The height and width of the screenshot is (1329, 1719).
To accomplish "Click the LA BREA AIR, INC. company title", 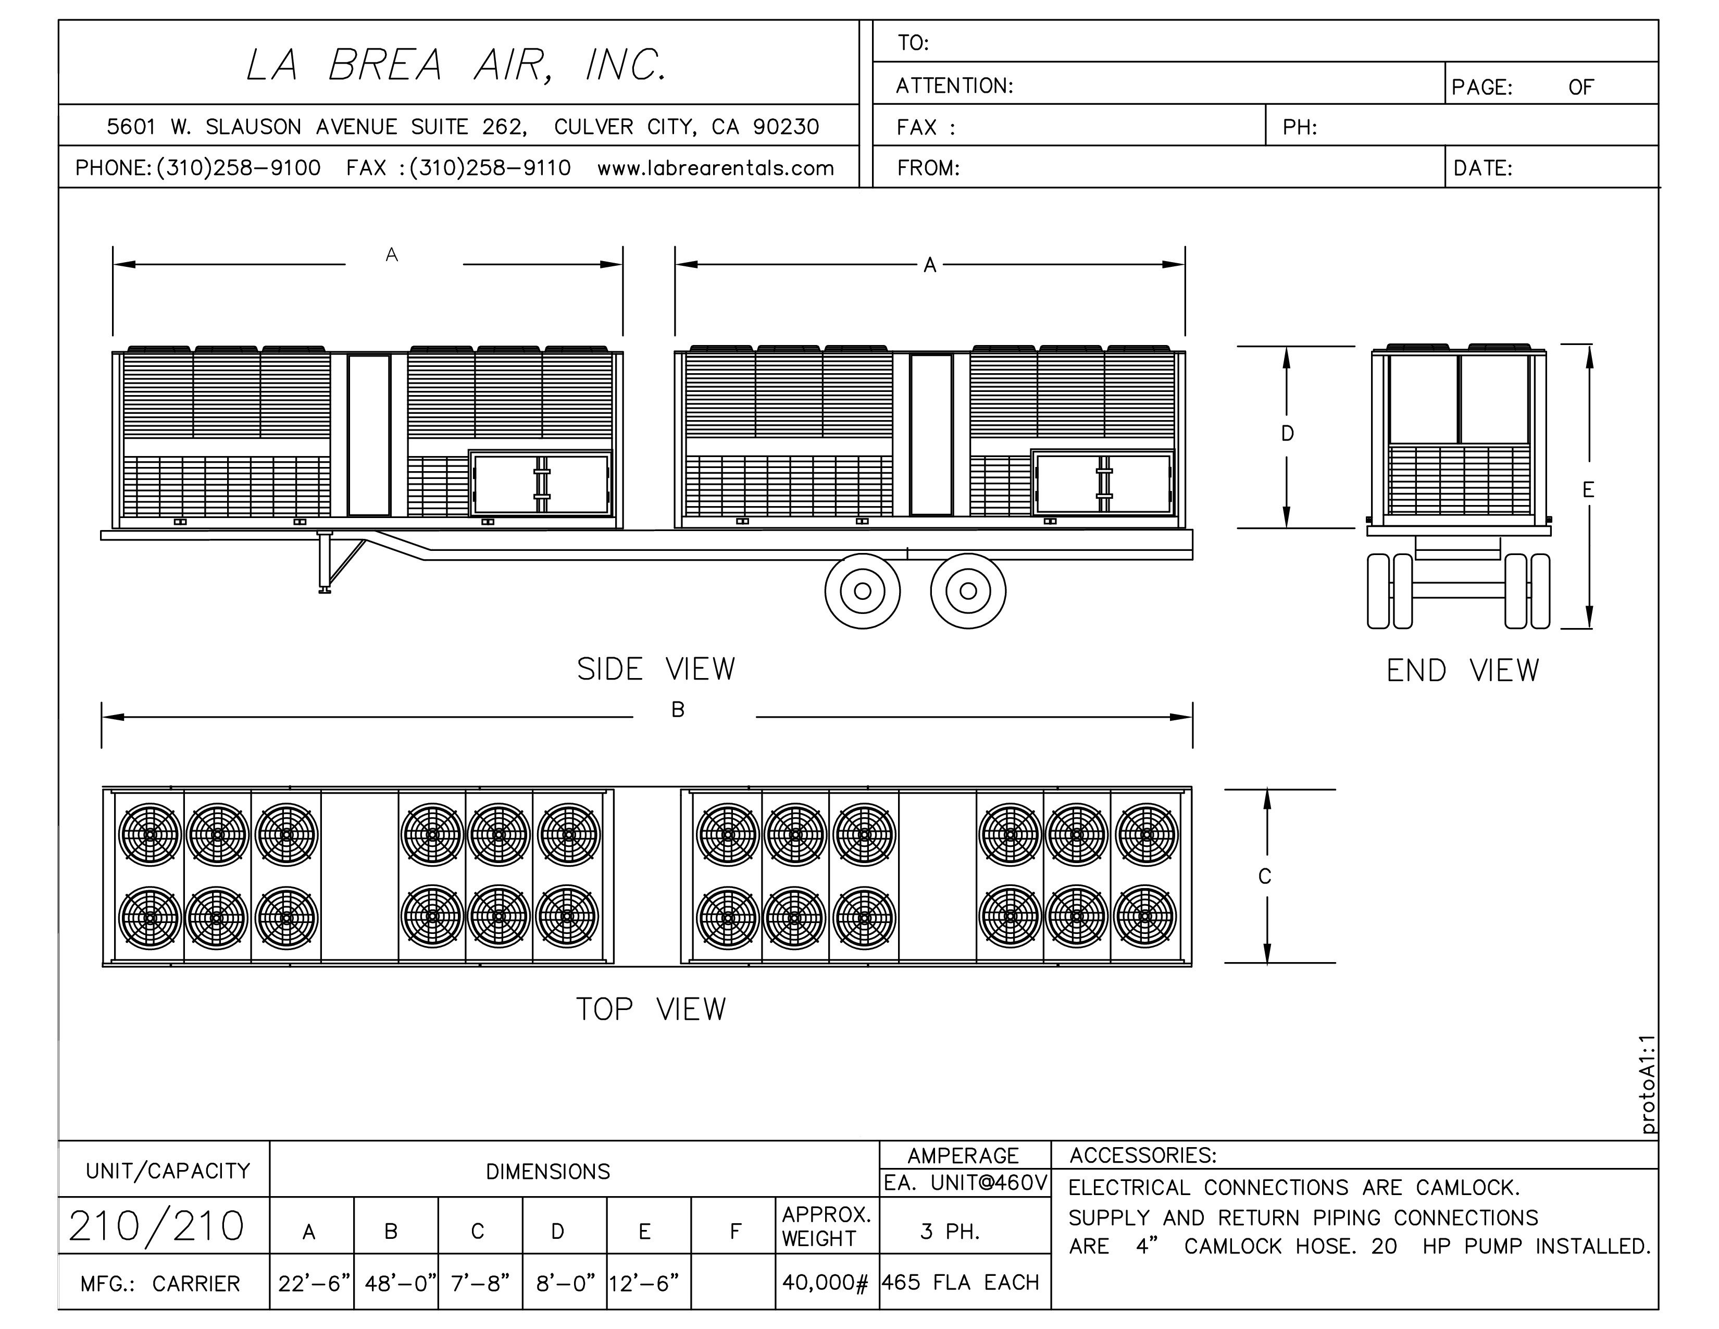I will point(456,65).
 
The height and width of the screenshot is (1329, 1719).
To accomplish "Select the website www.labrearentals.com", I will point(715,168).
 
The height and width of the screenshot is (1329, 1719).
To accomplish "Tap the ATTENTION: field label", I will point(954,86).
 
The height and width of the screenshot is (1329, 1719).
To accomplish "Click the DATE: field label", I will point(1483,168).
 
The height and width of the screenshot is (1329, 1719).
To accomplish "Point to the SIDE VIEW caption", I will point(656,669).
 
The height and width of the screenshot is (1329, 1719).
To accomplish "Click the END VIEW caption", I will point(1462,671).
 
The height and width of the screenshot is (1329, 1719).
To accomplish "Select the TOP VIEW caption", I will point(651,1010).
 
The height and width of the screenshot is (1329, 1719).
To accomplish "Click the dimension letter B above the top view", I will point(678,710).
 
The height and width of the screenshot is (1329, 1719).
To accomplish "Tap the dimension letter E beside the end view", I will point(1588,490).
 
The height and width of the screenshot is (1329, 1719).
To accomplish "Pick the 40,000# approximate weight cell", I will point(825,1283).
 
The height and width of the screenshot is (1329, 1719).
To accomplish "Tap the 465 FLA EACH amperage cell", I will point(960,1283).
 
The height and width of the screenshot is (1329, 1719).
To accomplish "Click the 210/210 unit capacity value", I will point(157,1226).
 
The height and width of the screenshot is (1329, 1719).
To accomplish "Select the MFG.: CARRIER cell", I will point(160,1284).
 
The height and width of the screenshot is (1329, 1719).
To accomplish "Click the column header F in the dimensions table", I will point(734,1232).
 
